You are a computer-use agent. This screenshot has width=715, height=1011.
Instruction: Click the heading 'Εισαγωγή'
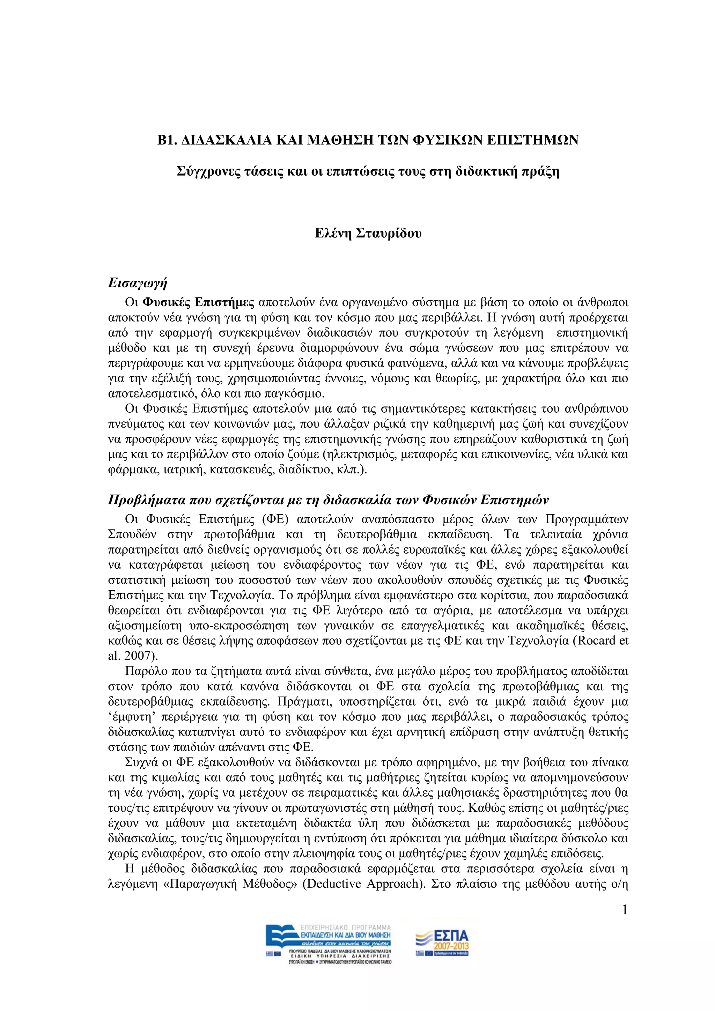[x=137, y=283]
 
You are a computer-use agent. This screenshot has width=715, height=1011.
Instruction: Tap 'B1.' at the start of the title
[x=167, y=140]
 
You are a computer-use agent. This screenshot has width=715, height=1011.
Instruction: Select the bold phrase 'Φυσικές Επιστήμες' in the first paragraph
[x=199, y=303]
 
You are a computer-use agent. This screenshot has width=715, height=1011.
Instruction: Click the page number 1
[x=624, y=910]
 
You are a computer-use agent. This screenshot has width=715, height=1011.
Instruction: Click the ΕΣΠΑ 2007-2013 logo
[x=442, y=943]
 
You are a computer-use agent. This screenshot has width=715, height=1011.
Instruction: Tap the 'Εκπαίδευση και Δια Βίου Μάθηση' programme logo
[x=328, y=944]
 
